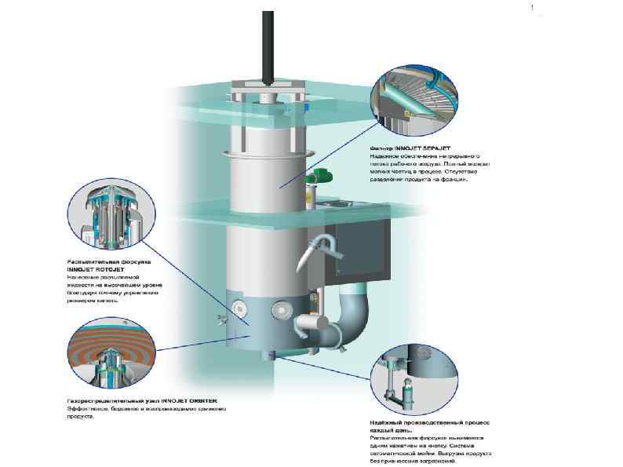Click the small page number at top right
pos(533,8)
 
